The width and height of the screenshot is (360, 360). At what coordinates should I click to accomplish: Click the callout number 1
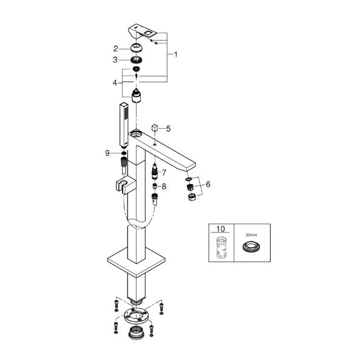[x=176, y=54]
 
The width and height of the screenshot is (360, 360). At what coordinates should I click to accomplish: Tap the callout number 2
[x=115, y=49]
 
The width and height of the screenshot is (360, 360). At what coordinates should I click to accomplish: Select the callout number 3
[x=115, y=60]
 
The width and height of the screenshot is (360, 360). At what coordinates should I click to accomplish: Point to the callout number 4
[x=115, y=83]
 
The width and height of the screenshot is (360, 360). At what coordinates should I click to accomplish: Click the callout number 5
[x=169, y=129]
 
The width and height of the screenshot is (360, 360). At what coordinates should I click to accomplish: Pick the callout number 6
[x=208, y=184]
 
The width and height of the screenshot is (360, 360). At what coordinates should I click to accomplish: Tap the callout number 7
[x=164, y=173]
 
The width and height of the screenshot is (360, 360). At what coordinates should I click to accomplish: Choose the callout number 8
[x=164, y=187]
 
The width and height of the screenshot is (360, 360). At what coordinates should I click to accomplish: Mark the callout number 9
[x=108, y=153]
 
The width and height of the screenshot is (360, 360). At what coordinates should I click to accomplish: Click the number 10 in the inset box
[x=220, y=229]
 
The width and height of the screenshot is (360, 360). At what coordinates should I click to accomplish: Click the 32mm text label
[x=251, y=235]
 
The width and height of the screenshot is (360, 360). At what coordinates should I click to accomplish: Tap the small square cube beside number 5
[x=155, y=127]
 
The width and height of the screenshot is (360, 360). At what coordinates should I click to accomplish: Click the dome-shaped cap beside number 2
[x=136, y=48]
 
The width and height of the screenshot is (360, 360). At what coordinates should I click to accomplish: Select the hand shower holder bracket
[x=125, y=185]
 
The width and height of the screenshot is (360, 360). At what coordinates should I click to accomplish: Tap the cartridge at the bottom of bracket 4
[x=137, y=96]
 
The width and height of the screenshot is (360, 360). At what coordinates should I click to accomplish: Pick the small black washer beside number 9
[x=123, y=153]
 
